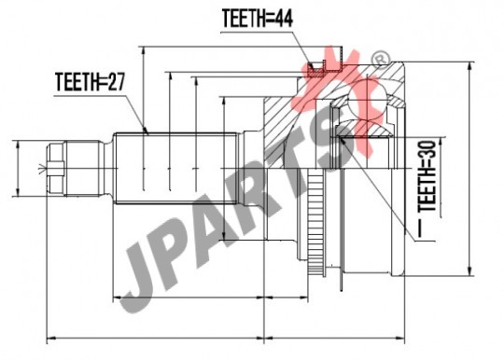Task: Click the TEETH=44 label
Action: coord(258,19)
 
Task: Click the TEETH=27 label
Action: coord(91,81)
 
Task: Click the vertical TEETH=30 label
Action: coord(427,175)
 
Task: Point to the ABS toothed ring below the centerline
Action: coord(316,224)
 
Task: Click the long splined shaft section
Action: coord(175,168)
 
